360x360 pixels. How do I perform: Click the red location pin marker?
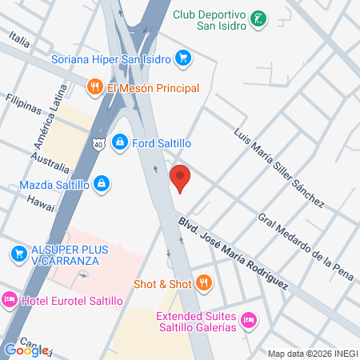(x=180, y=178)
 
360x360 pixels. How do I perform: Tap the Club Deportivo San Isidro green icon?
(x=258, y=17)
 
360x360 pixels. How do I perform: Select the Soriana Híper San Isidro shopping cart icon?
(x=183, y=58)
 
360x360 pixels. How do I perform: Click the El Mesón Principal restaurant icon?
(x=94, y=86)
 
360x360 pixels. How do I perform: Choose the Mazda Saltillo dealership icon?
(x=102, y=185)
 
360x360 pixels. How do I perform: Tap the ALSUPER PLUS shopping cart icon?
(x=17, y=253)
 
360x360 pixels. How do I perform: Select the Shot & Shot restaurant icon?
(x=204, y=283)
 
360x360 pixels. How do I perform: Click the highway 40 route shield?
(x=98, y=145)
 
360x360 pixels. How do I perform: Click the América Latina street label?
(x=58, y=115)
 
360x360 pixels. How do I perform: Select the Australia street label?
(x=50, y=162)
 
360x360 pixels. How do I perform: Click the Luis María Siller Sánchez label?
(x=278, y=165)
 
